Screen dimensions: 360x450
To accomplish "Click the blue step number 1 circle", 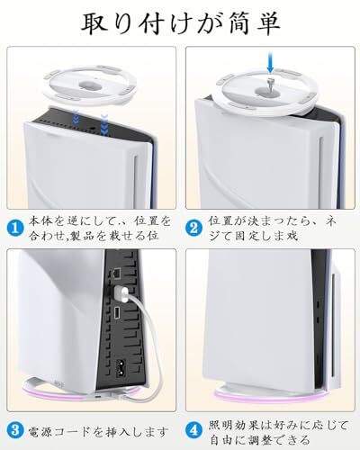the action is [x=15, y=229].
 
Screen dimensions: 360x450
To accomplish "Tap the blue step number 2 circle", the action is [x=194, y=229].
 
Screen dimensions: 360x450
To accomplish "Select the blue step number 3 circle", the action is [x=15, y=431].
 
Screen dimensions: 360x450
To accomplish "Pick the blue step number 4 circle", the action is [x=194, y=431].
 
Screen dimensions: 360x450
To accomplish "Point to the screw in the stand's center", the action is [x=269, y=84].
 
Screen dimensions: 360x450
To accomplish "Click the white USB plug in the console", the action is [x=121, y=294].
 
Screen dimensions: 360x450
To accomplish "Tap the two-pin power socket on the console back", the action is [x=121, y=367].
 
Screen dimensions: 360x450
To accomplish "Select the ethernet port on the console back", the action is [x=116, y=273].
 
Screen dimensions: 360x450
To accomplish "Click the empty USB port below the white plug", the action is [x=117, y=312].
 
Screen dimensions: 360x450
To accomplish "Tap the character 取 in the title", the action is [x=94, y=23].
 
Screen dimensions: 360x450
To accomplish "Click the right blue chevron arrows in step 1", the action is [x=104, y=123].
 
